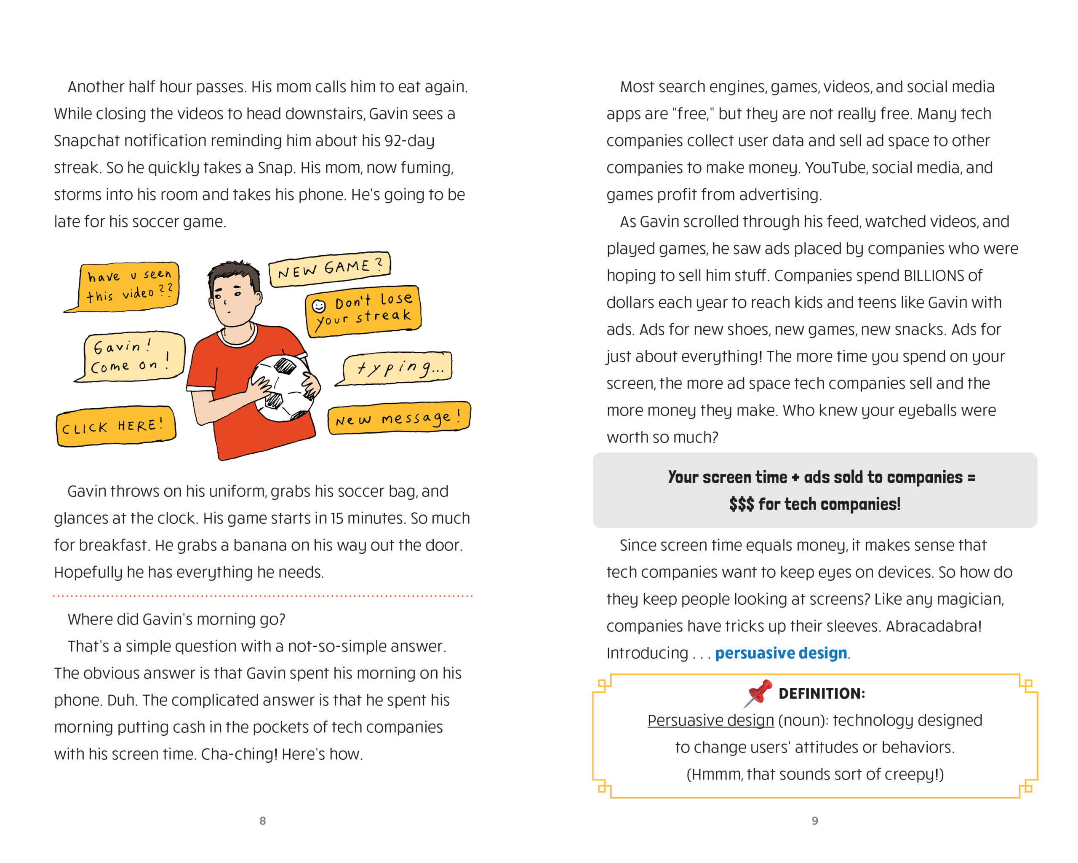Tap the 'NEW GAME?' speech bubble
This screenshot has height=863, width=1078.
(329, 269)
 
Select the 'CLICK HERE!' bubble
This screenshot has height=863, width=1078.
(115, 426)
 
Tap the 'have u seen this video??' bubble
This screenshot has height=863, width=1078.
(128, 286)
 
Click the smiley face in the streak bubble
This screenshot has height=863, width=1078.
(318, 305)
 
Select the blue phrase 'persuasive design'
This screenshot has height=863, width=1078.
(781, 653)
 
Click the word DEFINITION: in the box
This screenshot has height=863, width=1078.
(822, 694)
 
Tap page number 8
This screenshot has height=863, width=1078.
(262, 820)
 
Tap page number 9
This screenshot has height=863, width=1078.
(814, 820)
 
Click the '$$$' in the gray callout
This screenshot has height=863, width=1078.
(741, 504)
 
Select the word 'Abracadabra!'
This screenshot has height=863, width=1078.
(934, 626)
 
